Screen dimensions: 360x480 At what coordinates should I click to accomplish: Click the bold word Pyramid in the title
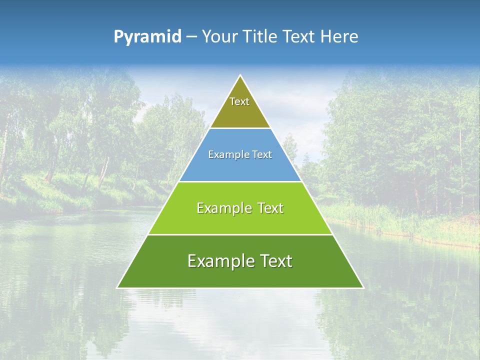pos(147,36)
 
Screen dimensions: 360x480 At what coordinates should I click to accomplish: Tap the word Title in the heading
pos(260,36)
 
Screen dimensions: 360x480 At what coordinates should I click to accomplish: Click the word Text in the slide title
pos(299,36)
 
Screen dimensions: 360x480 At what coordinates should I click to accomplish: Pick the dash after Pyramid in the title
pos(191,37)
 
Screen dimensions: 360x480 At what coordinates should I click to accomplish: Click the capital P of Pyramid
pos(118,36)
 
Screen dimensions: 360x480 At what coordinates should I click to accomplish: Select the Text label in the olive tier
pos(239,101)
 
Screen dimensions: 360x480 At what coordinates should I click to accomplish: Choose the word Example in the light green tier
pos(223,208)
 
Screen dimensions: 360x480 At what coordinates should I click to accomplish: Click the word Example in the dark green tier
pos(220,261)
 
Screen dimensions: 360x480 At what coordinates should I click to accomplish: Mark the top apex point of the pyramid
pos(240,75)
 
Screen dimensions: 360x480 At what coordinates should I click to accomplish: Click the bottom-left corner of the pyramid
pos(117,287)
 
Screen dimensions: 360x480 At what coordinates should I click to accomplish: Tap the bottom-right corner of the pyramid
pos(363,287)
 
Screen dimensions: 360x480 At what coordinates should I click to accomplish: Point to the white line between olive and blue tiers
pos(240,128)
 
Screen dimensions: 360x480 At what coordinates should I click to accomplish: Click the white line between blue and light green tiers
pos(240,181)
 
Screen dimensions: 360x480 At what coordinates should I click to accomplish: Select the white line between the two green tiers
pos(240,234)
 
